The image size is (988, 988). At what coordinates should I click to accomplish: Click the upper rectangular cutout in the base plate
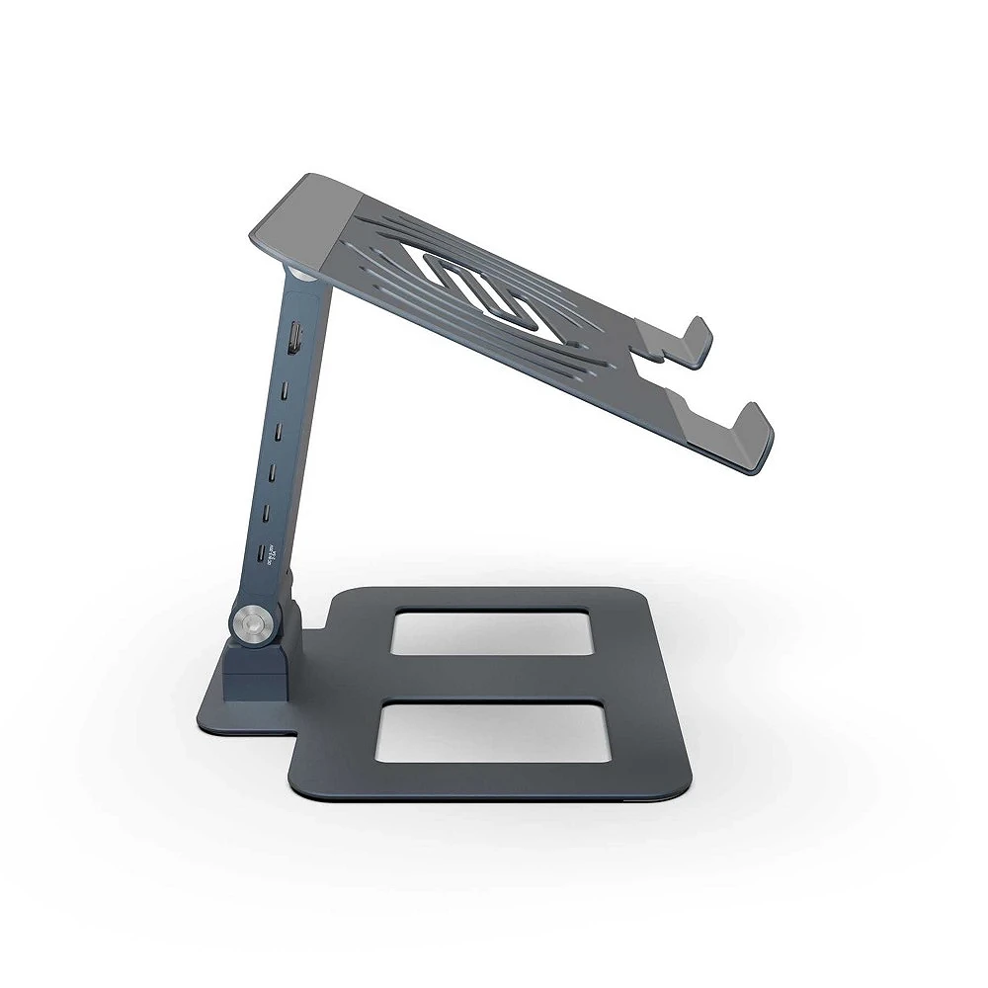pos(492,631)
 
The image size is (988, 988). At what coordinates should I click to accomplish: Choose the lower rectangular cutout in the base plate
pos(492,731)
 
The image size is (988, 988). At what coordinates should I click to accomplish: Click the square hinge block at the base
pos(254,672)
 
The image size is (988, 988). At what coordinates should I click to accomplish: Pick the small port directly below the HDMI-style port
pos(286,390)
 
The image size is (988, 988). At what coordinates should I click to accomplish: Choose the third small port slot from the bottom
pos(273,472)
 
